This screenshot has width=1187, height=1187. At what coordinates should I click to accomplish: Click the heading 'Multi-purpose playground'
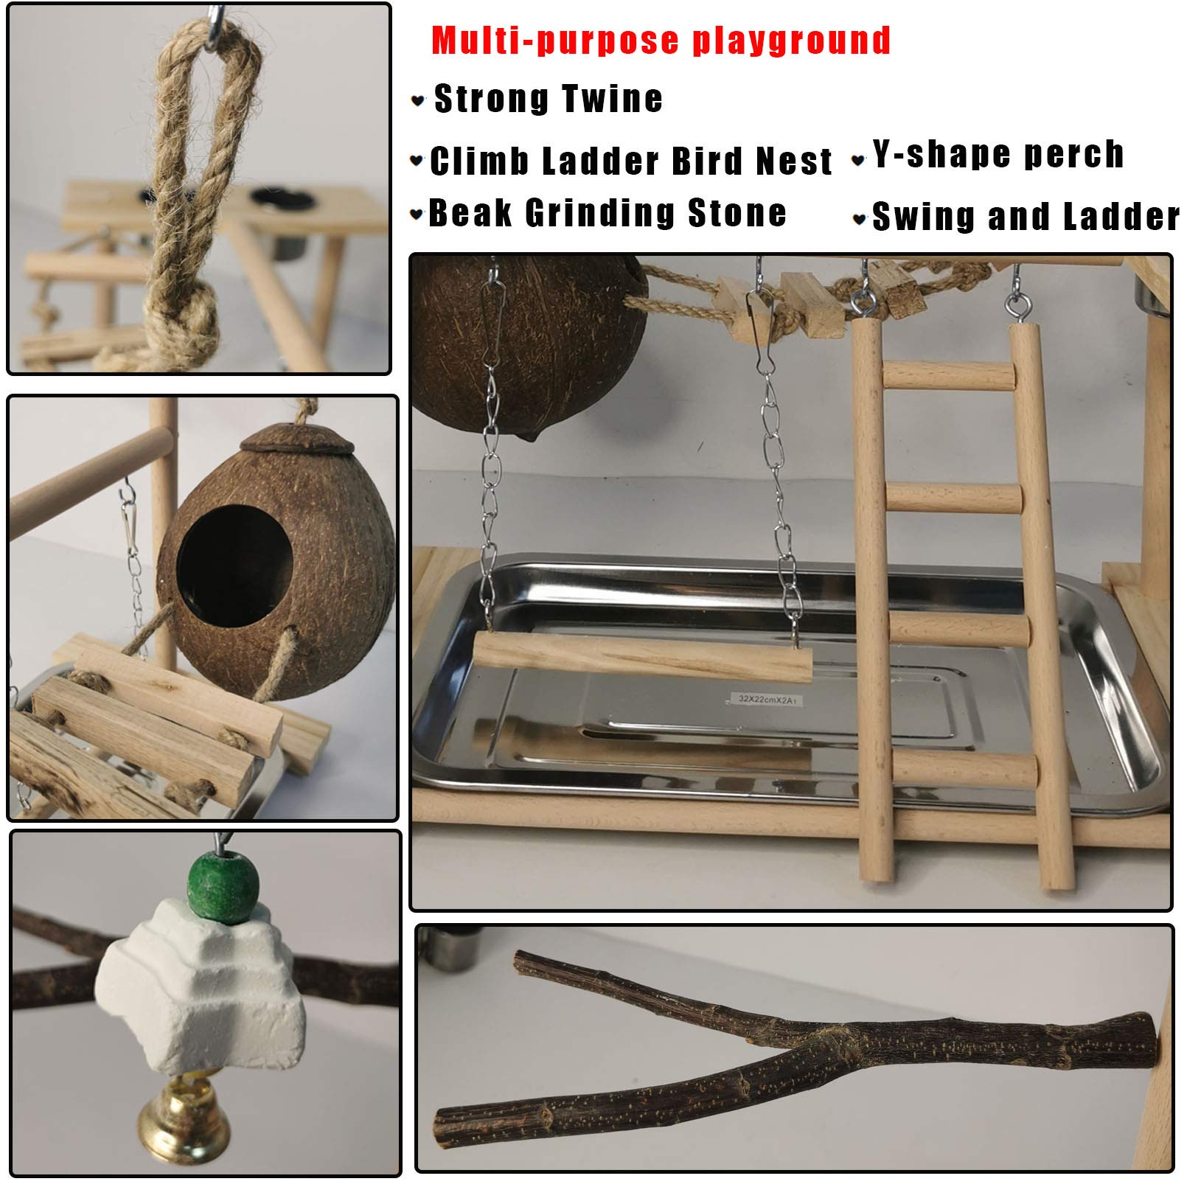tap(661, 41)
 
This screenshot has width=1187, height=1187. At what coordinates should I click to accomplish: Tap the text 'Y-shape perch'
tap(998, 155)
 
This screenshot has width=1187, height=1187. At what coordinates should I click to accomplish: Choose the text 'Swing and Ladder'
tap(1026, 217)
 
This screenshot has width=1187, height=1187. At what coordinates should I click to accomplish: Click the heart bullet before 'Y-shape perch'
tap(857, 159)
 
